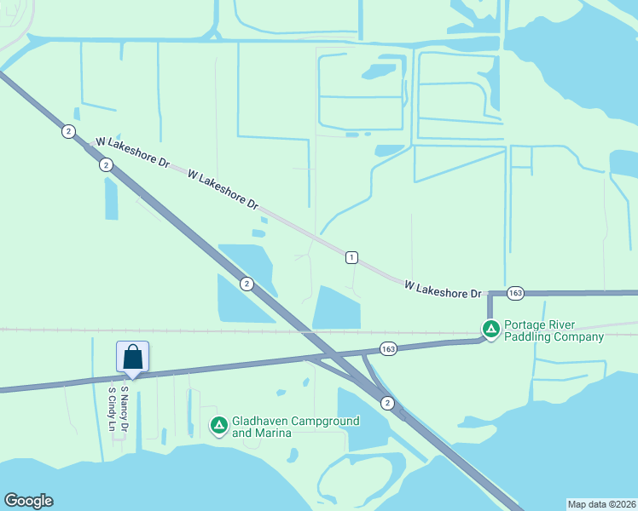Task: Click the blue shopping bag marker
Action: point(132,357)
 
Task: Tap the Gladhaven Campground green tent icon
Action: point(219,425)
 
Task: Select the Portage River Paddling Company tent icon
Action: point(490,329)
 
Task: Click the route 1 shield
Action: point(351,257)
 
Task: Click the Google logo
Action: point(28,501)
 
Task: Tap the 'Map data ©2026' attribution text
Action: point(601,503)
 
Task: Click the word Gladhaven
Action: point(259,421)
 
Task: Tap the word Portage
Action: point(526,324)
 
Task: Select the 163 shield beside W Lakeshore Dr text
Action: point(514,292)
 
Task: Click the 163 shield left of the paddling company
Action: point(388,349)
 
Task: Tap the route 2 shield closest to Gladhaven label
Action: point(387,403)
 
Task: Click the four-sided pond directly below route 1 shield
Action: point(337,307)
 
